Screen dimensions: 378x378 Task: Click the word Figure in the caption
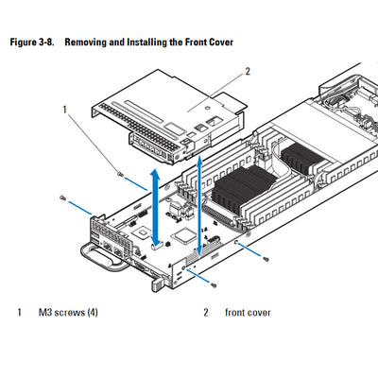(x=26, y=43)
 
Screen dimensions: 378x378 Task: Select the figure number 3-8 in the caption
(x=56, y=43)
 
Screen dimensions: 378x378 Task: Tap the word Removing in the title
(x=101, y=43)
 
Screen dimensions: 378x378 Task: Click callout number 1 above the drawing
(x=65, y=110)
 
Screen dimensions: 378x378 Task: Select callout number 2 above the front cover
(x=248, y=70)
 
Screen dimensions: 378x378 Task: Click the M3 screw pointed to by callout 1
(x=120, y=173)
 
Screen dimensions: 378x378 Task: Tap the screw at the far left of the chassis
(x=61, y=198)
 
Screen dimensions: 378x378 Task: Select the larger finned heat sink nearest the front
(x=243, y=185)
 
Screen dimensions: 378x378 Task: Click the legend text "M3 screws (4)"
(x=67, y=313)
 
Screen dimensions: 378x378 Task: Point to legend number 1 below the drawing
(x=19, y=313)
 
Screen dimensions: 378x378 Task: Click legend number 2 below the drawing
(x=205, y=313)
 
